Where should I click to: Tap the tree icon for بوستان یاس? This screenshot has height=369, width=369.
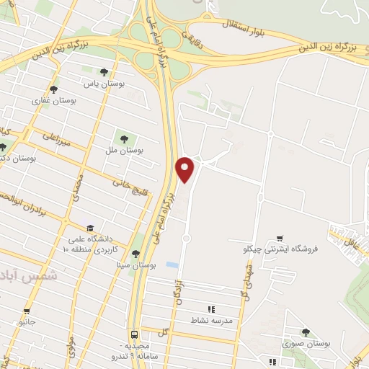pyautogui.click(x=105, y=72)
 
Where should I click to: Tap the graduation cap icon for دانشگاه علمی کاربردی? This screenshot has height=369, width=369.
pyautogui.click(x=89, y=227)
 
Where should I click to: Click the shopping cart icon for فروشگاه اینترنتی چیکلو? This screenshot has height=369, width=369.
pyautogui.click(x=280, y=238)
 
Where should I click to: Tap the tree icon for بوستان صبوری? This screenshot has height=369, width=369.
pyautogui.click(x=306, y=332)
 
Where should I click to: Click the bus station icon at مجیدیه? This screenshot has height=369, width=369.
pyautogui.click(x=134, y=334)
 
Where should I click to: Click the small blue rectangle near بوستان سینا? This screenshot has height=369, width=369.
pyautogui.click(x=172, y=265)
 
